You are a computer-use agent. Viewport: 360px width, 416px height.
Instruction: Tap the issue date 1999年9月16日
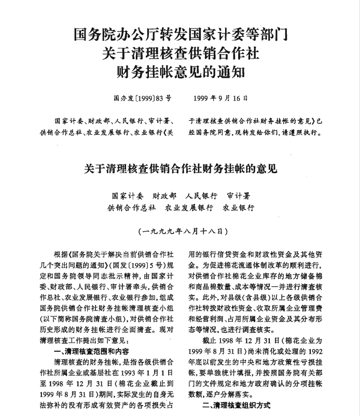click(x=220, y=97)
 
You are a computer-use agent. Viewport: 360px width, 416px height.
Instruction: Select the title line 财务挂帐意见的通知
click(x=180, y=70)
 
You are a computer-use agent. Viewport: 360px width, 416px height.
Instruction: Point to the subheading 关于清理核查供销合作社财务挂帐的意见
click(x=180, y=169)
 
